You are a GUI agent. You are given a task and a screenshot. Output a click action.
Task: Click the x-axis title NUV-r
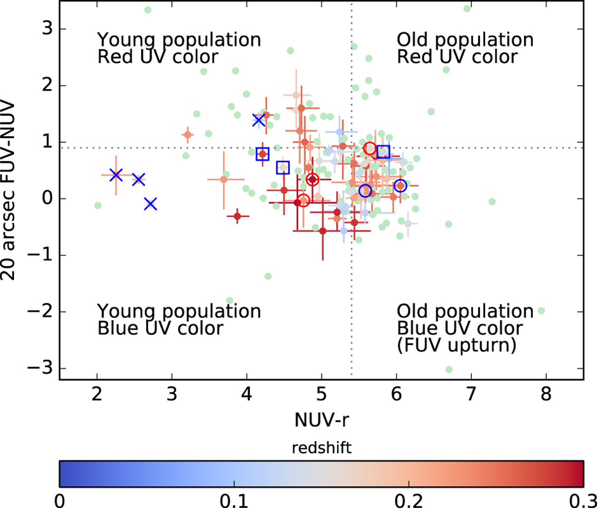[321, 420]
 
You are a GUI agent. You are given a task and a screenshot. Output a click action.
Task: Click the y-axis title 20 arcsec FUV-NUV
[8, 191]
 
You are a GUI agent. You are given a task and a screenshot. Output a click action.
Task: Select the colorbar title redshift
[321, 448]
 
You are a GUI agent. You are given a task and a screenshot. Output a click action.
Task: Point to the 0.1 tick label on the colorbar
[234, 500]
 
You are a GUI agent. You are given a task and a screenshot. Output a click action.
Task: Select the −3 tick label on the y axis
[39, 369]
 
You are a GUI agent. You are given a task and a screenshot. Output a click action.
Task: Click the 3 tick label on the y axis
[47, 29]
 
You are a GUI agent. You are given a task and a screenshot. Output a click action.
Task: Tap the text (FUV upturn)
[456, 345]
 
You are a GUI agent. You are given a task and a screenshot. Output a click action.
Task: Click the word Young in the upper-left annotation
[122, 40]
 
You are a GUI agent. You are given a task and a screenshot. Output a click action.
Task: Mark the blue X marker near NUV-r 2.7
[151, 204]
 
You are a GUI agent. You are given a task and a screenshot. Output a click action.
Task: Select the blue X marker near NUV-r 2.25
[116, 175]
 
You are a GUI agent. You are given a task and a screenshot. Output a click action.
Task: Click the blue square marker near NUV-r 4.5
[283, 168]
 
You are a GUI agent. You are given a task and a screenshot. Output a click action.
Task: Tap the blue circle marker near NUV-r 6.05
[400, 186]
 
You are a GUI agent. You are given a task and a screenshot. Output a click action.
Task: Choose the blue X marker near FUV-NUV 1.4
[258, 120]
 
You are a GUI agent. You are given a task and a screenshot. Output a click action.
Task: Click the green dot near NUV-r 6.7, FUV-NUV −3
[449, 370]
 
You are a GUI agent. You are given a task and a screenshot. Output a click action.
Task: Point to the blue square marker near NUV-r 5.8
[383, 152]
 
